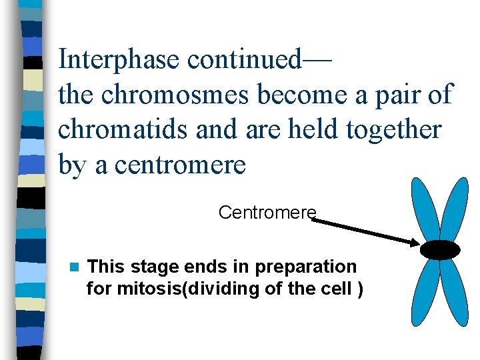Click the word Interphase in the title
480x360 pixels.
coord(119,59)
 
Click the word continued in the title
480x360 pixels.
coord(244,59)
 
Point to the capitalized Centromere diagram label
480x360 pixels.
coord(267,213)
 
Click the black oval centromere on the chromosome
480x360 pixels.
coord(440,249)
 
